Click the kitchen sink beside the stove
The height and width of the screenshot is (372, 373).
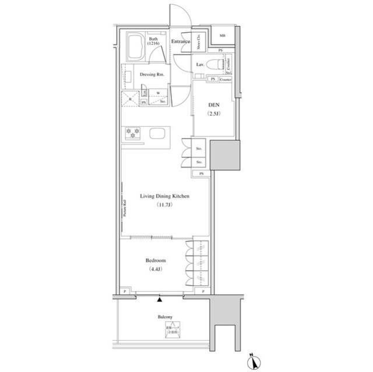[158, 133]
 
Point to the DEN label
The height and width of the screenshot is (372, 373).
[213, 105]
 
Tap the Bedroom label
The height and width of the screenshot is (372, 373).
[156, 261]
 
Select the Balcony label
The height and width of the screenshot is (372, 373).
[165, 317]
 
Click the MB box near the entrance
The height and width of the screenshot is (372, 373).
[222, 36]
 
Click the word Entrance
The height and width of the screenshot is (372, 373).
[182, 41]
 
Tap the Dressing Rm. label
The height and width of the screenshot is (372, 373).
[152, 75]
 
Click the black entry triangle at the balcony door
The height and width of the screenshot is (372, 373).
[159, 300]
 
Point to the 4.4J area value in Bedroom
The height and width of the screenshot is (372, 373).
[156, 270]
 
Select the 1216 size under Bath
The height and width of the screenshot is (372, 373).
[153, 44]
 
